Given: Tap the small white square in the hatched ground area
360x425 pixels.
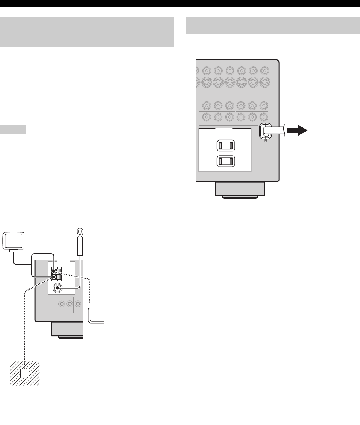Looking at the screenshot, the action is point(25,374).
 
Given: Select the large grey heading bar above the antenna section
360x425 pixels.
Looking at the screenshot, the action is point(87,32).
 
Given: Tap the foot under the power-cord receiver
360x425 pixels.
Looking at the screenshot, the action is point(238,191).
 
